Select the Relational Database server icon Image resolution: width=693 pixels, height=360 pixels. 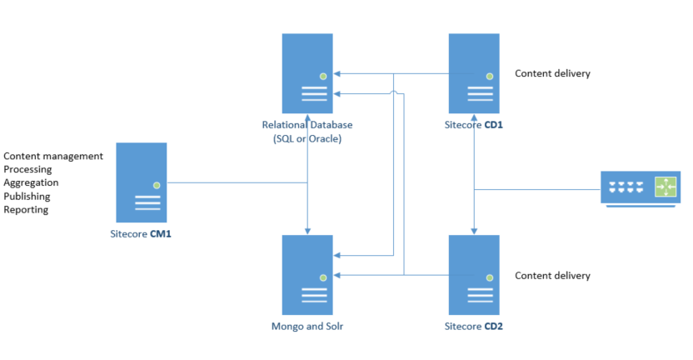(x=307, y=72)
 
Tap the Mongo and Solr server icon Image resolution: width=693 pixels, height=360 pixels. (x=307, y=274)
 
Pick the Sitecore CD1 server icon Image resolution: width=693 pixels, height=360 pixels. (x=474, y=72)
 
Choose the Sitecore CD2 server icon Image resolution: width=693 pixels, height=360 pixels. (x=474, y=274)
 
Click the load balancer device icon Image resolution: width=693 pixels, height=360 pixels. (x=641, y=187)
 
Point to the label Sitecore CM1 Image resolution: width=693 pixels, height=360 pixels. (x=141, y=234)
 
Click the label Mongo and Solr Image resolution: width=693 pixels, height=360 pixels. (x=307, y=326)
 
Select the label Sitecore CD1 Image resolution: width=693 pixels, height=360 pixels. (x=474, y=125)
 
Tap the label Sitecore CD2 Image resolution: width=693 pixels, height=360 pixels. (x=474, y=326)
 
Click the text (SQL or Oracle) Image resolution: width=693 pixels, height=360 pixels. (x=307, y=138)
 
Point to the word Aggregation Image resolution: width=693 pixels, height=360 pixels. (x=31, y=182)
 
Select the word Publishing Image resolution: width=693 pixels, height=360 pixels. (x=27, y=196)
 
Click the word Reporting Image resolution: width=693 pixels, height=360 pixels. (x=26, y=209)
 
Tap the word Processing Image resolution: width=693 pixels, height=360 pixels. (x=27, y=169)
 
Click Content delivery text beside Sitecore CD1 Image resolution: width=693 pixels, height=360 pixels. (x=552, y=73)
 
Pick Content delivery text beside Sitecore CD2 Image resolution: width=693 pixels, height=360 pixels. (x=552, y=275)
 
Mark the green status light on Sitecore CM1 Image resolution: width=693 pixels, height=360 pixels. (x=157, y=185)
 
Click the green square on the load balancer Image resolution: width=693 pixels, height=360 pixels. (x=666, y=187)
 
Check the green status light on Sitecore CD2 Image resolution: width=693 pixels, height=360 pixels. (x=490, y=277)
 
